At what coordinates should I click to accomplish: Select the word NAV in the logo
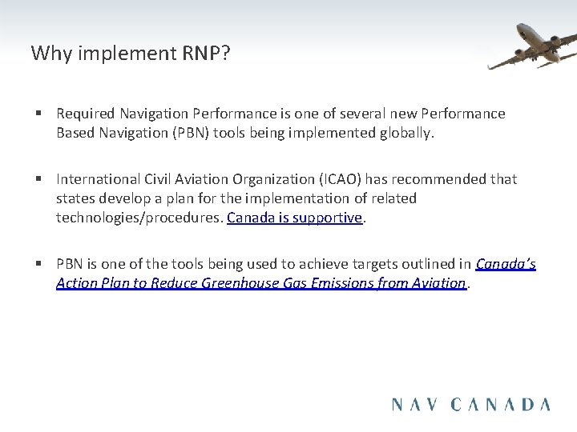click(417, 404)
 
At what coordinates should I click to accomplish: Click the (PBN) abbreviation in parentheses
click(184, 133)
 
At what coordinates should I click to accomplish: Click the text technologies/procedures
click(139, 218)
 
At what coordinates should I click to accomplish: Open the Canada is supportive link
click(295, 218)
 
